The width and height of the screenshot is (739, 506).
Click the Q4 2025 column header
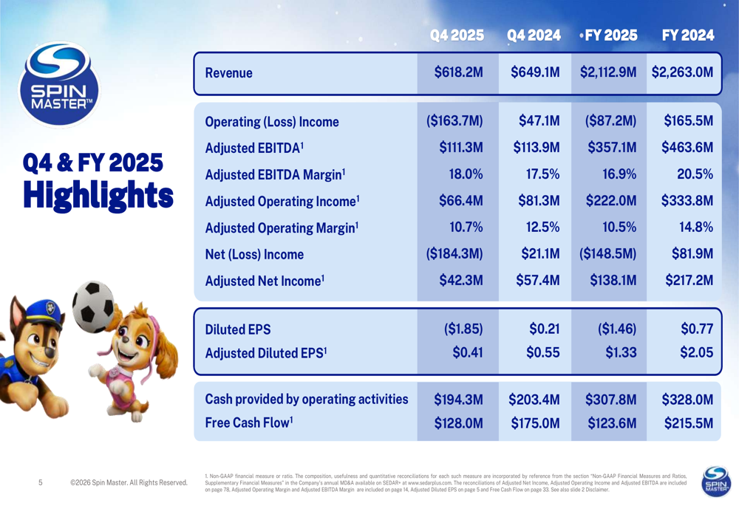coord(458,35)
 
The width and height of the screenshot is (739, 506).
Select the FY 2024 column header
coord(688,35)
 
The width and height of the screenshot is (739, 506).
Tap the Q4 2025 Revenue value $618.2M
coord(459,72)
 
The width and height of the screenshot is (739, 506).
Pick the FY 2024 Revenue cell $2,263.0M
coord(683,72)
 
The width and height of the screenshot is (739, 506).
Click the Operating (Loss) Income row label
coord(271,122)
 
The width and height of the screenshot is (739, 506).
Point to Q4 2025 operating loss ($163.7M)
coord(454,121)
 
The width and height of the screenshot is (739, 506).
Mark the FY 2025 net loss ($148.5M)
coord(609,254)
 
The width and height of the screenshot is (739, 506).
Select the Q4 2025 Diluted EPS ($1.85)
coord(463,328)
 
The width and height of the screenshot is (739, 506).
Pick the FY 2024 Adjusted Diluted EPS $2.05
coord(696,353)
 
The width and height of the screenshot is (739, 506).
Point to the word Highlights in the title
coord(98,196)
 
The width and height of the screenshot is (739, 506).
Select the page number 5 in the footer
coord(41,483)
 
